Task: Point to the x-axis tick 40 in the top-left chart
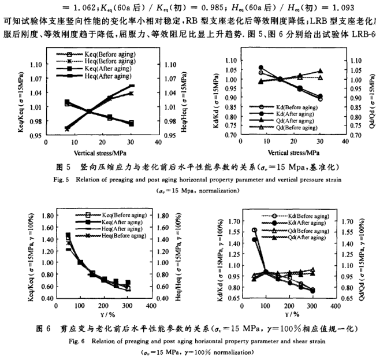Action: coord(158,142)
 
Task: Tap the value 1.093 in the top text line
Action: coord(360,8)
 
